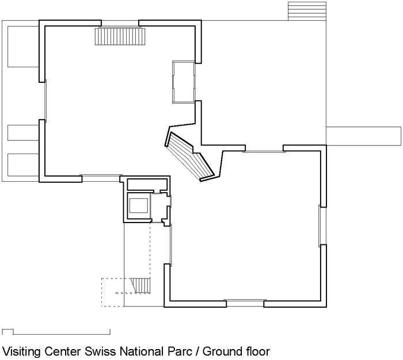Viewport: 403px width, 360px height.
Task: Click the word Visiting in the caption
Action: (21, 352)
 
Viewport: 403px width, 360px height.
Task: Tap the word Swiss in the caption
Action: (100, 351)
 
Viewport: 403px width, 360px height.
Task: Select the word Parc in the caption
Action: (180, 351)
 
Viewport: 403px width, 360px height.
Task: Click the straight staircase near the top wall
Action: (120, 37)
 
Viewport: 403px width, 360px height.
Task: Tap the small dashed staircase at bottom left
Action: (140, 286)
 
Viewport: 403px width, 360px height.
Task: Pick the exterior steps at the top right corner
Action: (307, 11)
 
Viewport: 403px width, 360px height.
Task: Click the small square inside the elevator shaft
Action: (139, 205)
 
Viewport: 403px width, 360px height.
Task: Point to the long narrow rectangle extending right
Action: (364, 136)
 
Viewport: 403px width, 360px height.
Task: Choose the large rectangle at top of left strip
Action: (23, 47)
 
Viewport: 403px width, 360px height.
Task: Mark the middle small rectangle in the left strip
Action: (23, 133)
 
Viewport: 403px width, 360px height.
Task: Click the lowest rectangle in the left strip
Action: (23, 165)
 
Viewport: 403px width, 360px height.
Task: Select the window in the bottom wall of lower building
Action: (245, 303)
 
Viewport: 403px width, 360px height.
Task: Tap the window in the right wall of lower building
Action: (322, 225)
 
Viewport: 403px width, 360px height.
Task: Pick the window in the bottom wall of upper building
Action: (101, 178)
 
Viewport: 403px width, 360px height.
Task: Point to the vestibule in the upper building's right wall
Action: (184, 82)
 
